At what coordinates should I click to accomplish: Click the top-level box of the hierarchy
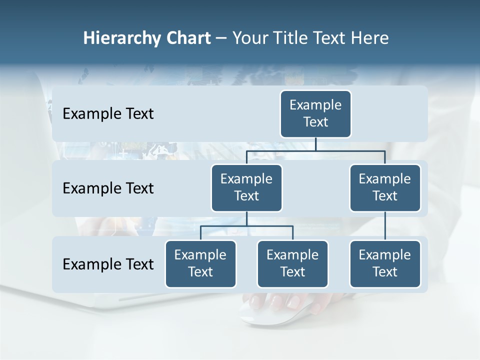[x=315, y=113]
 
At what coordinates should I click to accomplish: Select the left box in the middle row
[x=246, y=187]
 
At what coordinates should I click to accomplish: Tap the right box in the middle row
[x=385, y=187]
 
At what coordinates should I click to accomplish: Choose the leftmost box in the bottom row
[x=200, y=263]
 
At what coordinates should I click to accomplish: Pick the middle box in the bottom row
[x=292, y=263]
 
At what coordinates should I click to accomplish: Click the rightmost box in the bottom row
[x=385, y=263]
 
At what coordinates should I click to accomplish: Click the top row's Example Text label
[x=108, y=113]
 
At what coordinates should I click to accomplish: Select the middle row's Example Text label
[x=108, y=188]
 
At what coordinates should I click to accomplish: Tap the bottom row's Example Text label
[x=108, y=264]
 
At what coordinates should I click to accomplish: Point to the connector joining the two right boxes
[x=385, y=225]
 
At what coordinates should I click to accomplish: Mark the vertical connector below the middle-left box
[x=246, y=218]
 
